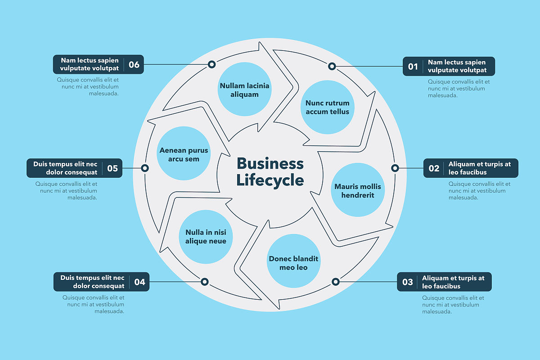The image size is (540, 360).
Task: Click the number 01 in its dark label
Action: coord(413,67)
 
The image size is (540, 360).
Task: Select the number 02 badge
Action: coord(434,168)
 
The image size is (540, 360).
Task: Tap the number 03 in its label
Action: coord(407,282)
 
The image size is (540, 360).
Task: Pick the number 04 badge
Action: coord(139,282)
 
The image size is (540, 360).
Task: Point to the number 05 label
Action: coord(112,168)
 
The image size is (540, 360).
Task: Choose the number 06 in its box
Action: coord(134,65)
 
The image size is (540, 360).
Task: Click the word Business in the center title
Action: coord(270,163)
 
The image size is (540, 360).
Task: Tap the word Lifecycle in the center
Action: coord(270,180)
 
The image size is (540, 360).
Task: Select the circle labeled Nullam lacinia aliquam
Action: coord(244,90)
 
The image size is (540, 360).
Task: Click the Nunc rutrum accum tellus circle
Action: coord(327,107)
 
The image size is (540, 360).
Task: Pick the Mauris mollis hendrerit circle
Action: coord(357,190)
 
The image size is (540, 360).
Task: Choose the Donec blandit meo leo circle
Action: coord(293,263)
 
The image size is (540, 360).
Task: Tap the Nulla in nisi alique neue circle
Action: coord(206,237)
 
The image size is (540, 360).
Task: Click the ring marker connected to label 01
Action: coord(332,67)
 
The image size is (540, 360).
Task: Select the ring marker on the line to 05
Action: coord(145,168)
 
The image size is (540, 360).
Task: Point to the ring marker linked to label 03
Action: coord(335,282)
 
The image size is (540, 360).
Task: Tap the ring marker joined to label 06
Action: coord(211,64)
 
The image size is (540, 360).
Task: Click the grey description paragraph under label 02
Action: coord(479,190)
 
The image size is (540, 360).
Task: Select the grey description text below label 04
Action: coord(94,304)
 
